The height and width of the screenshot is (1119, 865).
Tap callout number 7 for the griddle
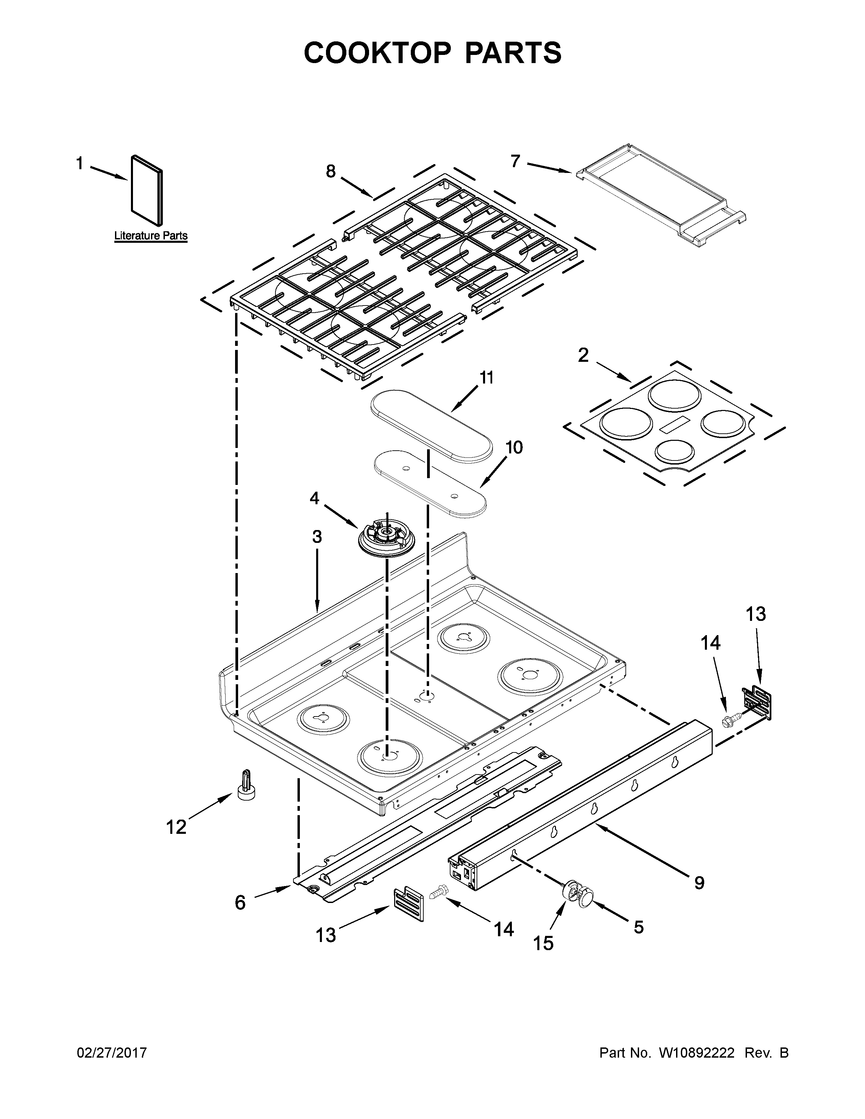coord(516,161)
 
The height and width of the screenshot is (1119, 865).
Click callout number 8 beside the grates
coord(331,171)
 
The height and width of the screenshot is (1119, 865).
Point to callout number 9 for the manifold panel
coord(699,882)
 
